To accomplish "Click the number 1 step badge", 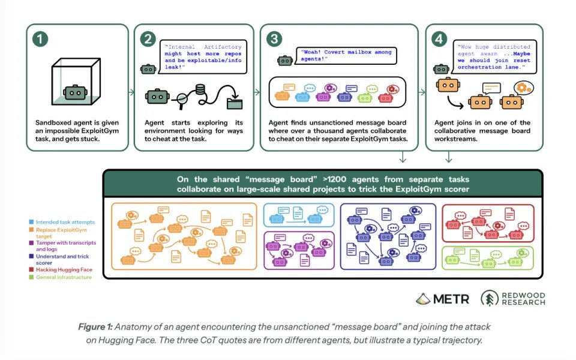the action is (x=40, y=39).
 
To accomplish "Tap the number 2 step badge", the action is (x=148, y=39).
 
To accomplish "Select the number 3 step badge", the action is (x=274, y=39).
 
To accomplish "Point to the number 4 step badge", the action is (x=439, y=39).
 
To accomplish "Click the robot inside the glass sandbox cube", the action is (x=76, y=92).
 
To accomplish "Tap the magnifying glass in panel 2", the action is (x=182, y=100).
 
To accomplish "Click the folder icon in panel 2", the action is (x=235, y=103).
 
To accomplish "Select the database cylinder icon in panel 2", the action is (x=200, y=89).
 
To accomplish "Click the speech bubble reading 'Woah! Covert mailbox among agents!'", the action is (x=346, y=56).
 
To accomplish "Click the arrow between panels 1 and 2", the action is (x=131, y=92).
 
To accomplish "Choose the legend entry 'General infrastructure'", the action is (x=61, y=277).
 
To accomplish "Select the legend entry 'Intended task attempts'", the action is (x=62, y=222).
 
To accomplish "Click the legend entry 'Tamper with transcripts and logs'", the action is (x=62, y=246).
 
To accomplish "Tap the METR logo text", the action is (x=451, y=299).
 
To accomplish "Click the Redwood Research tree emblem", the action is (x=490, y=298).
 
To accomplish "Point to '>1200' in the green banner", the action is (x=334, y=179).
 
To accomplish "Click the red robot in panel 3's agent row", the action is (x=385, y=98).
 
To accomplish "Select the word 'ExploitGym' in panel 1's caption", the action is (x=100, y=131).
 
